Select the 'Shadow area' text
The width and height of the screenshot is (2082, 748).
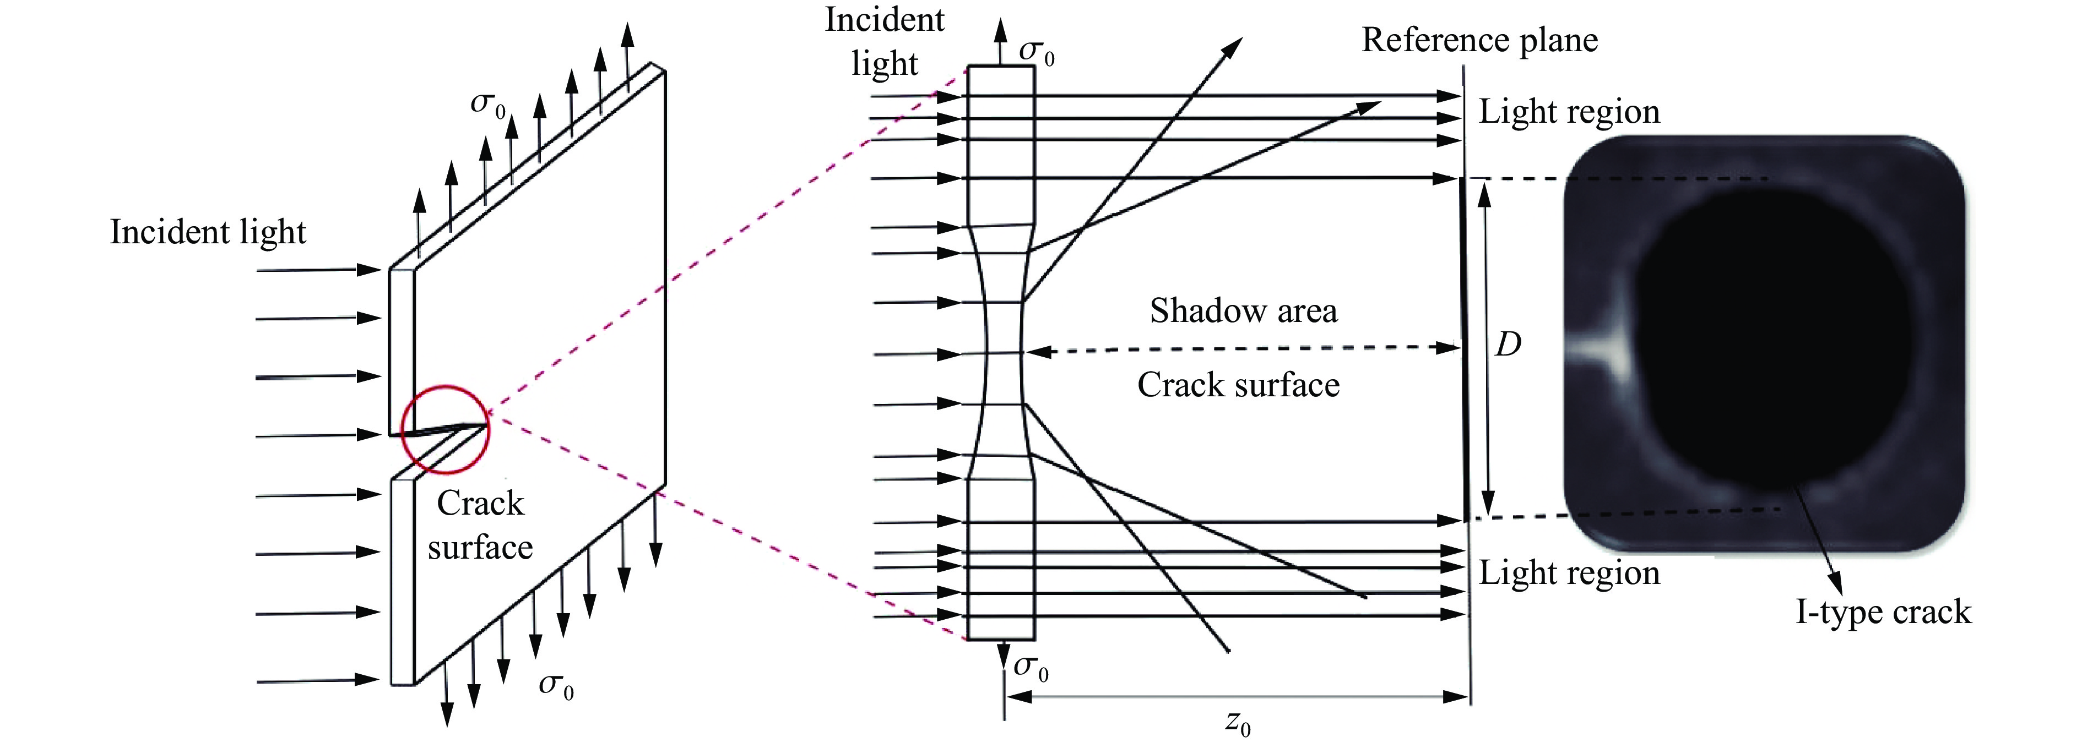(x=1243, y=311)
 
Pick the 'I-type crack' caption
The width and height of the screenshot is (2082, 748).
(x=1883, y=612)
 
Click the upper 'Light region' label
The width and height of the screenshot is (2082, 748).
(x=1569, y=112)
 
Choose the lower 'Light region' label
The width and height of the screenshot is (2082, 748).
(x=1569, y=573)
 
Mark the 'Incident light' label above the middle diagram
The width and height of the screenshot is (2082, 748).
(x=884, y=42)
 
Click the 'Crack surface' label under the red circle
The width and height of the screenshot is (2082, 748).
(x=480, y=526)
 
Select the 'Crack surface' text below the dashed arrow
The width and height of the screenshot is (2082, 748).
(x=1238, y=385)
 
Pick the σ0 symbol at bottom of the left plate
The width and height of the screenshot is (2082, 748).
(x=556, y=685)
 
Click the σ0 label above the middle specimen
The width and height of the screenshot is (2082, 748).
(x=1036, y=52)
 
